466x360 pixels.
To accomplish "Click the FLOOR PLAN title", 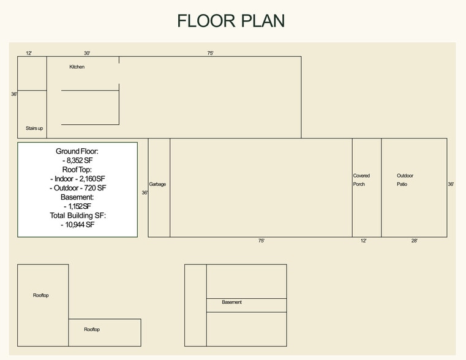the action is click(231, 21).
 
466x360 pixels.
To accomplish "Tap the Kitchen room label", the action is click(77, 67).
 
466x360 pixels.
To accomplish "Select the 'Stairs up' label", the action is click(34, 129).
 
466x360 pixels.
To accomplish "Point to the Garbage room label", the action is click(157, 184).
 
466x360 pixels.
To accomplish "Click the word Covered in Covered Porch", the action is click(361, 176).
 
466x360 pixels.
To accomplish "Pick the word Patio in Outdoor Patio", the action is click(402, 184).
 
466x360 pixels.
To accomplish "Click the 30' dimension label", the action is click(87, 53).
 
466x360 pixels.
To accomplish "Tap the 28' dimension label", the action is click(415, 241).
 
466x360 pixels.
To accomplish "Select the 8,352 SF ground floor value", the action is click(78, 160).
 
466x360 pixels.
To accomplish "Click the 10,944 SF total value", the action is click(78, 225).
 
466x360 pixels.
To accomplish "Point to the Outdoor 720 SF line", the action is click(78, 188).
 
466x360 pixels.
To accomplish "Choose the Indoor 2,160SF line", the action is click(78, 179).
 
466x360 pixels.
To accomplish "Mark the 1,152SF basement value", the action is click(77, 206).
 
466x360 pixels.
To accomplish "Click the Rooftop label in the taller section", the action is click(40, 295).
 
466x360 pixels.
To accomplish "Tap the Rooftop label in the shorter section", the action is click(92, 329).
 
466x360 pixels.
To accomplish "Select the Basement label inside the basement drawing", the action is click(232, 302).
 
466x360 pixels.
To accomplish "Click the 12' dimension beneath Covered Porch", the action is click(364, 241).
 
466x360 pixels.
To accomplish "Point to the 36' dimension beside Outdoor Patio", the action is click(451, 184).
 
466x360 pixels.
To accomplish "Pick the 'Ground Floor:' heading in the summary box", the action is click(77, 151).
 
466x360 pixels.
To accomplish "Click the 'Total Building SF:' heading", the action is click(78, 216).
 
